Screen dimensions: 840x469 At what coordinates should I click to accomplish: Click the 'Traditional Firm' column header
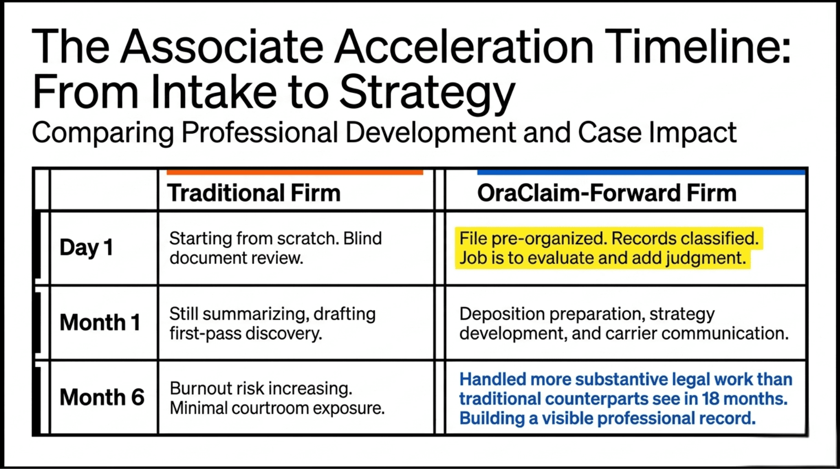[254, 193]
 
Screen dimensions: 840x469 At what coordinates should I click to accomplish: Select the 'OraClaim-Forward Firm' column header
[607, 193]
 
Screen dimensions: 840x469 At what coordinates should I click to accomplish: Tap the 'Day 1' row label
[86, 248]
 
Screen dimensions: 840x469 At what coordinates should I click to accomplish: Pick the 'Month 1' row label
[100, 322]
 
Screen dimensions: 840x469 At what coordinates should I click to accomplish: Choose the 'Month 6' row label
[102, 397]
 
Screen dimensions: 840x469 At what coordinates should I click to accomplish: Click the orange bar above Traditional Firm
[295, 172]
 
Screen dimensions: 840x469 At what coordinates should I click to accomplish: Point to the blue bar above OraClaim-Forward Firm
[641, 172]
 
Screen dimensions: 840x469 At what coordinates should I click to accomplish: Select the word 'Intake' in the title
[214, 92]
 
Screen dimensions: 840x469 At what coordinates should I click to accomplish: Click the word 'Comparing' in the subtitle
[103, 133]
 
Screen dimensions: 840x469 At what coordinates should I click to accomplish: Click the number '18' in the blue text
[711, 399]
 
